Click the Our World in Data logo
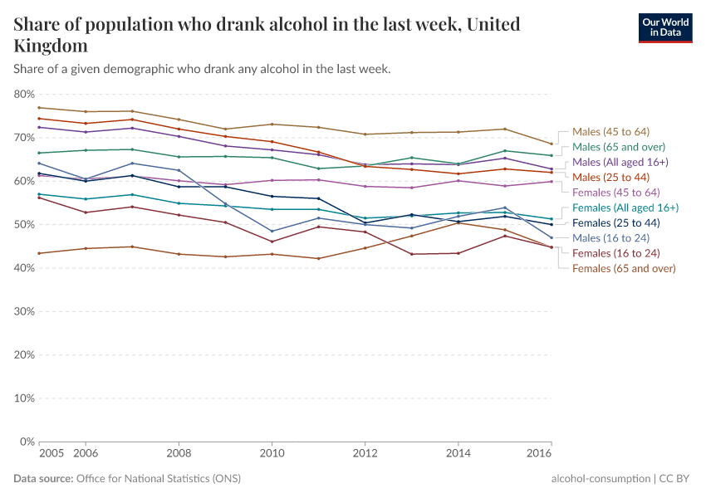664,27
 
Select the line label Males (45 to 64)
610,132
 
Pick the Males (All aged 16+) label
620,162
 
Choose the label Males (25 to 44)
610,177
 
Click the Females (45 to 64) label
616,193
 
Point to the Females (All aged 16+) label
625,207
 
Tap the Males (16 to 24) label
610,238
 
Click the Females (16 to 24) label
616,253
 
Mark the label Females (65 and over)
623,268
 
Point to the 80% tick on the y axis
23,95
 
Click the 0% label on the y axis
27,442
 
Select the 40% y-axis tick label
23,268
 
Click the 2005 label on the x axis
51,454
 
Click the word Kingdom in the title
51,46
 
